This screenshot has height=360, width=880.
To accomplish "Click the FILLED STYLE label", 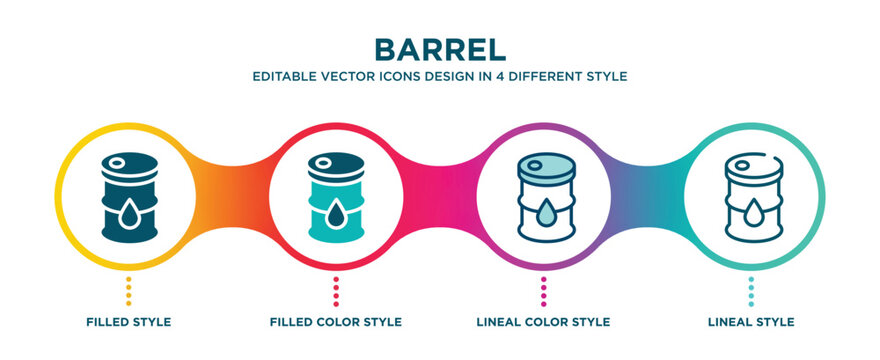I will (128, 322).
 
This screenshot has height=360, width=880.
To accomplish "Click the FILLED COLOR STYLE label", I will (336, 322).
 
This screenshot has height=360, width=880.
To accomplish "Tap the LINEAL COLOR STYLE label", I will (543, 322).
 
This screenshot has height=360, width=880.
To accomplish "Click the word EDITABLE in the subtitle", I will (285, 76).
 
